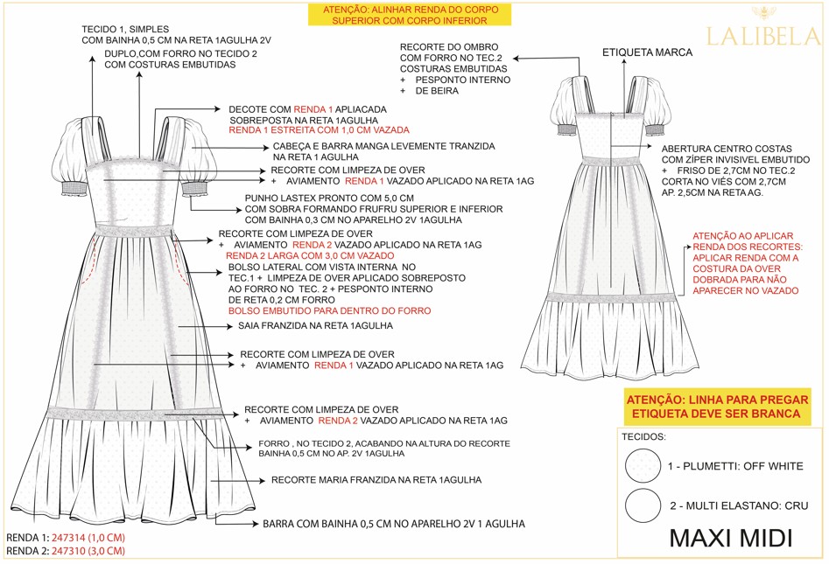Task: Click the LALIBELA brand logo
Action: pos(763,30)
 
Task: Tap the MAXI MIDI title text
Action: pos(731,538)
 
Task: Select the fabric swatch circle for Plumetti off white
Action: pos(643,466)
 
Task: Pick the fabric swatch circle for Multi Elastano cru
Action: pos(643,505)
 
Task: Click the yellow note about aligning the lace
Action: pos(410,16)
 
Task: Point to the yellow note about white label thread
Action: pos(717,407)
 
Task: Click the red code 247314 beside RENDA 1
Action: pos(88,538)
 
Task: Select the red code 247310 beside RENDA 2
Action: pos(88,552)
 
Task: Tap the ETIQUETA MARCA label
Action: pos(647,52)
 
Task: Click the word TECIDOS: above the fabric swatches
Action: pos(643,436)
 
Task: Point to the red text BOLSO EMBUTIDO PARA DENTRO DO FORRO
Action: pos(329,311)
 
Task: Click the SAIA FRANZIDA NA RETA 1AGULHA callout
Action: pos(315,326)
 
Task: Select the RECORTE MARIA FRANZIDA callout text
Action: pos(376,480)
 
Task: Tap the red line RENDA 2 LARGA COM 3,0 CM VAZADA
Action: pos(310,256)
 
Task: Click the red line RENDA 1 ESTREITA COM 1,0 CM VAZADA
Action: pos(319,130)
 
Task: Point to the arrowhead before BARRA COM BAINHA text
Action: pos(255,524)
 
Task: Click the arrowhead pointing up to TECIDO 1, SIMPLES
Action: pos(92,60)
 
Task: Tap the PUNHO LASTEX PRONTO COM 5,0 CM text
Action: pos(329,198)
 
